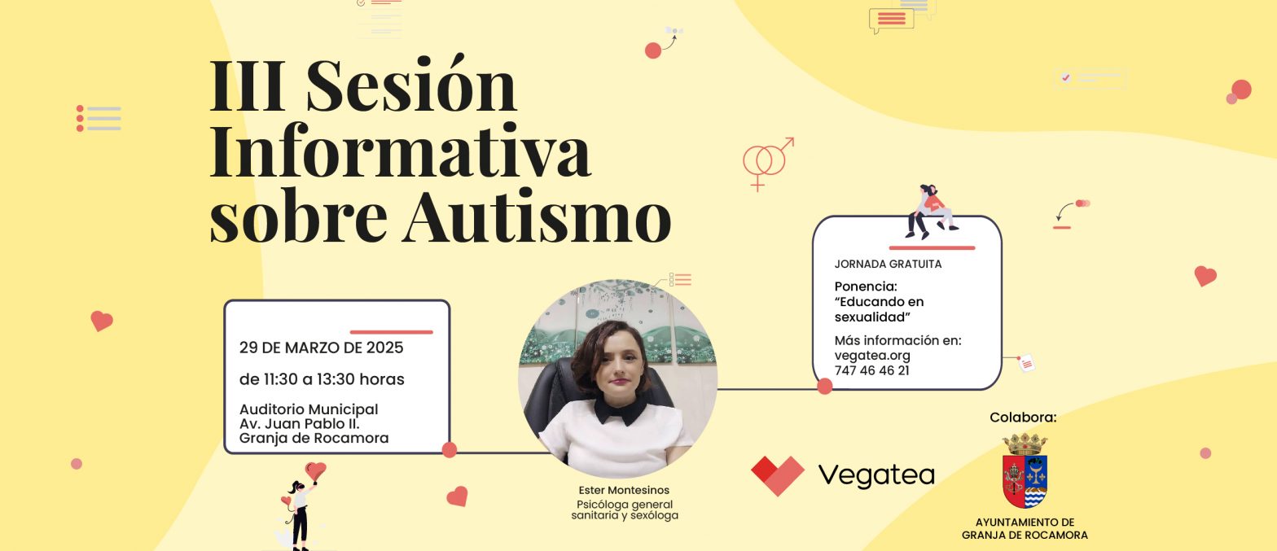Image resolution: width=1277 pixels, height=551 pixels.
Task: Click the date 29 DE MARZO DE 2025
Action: (x=321, y=348)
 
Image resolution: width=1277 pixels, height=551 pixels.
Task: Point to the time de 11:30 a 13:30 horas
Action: (x=322, y=379)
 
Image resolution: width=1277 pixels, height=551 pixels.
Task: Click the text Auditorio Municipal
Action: (x=309, y=409)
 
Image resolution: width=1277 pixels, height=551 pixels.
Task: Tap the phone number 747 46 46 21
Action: (x=871, y=370)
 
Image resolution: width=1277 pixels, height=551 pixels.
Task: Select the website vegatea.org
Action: (x=872, y=356)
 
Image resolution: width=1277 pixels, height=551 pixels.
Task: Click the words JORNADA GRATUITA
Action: (x=888, y=264)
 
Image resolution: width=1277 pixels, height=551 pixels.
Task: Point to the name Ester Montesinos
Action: (x=624, y=490)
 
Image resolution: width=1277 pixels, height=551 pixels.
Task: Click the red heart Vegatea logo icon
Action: (x=777, y=474)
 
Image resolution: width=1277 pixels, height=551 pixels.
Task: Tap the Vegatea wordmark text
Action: (x=875, y=474)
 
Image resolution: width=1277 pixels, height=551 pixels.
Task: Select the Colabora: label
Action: (x=1023, y=418)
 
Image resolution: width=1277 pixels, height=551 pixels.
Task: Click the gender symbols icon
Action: (x=766, y=163)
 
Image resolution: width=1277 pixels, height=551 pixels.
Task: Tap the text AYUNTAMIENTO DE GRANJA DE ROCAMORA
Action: (x=1025, y=529)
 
